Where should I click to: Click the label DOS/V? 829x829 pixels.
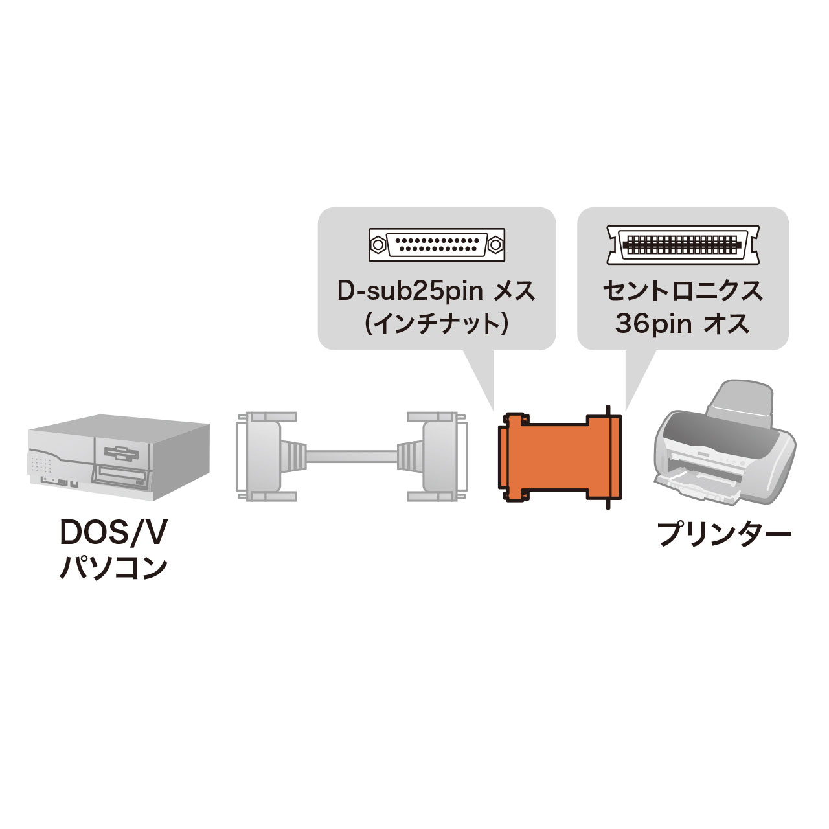[113, 533]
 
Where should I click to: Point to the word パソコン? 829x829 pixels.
[113, 568]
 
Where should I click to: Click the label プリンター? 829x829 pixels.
[724, 536]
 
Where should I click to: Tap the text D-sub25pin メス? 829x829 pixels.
[437, 291]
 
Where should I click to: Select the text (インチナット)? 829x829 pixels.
[436, 323]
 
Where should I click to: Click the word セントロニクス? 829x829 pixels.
[683, 291]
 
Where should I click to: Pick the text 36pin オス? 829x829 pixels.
[683, 323]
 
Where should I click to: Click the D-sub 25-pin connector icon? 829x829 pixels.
[436, 245]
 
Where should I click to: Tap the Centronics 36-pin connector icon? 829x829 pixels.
[682, 245]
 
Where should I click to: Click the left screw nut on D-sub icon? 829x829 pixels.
[378, 245]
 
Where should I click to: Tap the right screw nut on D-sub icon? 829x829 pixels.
[495, 245]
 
